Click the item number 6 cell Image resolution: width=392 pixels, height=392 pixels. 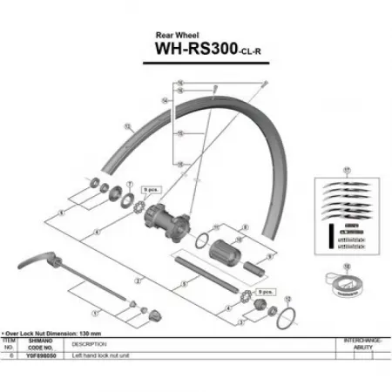pyautogui.click(x=10, y=355)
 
